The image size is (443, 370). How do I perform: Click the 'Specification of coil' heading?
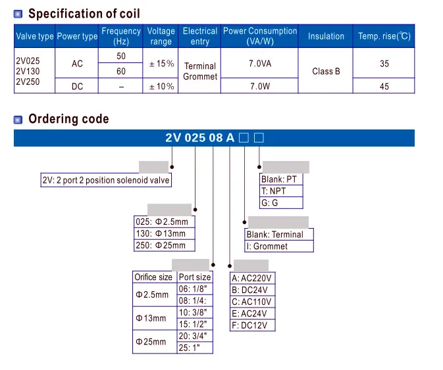(x=84, y=13)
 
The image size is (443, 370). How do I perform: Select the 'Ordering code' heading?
(x=68, y=119)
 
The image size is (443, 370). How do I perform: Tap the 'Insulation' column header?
(x=326, y=37)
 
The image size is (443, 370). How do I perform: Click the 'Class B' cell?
(x=326, y=71)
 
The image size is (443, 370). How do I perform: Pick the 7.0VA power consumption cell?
(x=259, y=64)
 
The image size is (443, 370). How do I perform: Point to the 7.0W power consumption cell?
(x=259, y=86)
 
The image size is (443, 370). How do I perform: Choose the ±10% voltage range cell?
(x=161, y=86)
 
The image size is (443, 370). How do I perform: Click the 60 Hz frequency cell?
(x=120, y=71)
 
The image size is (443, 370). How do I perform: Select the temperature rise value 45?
(x=384, y=86)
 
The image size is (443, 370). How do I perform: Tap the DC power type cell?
(x=78, y=86)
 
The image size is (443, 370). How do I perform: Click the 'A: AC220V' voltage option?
(x=251, y=278)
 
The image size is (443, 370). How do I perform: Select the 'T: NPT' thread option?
(x=274, y=191)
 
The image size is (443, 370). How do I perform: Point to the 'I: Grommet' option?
(x=267, y=246)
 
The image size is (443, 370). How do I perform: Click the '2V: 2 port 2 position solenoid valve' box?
(x=105, y=181)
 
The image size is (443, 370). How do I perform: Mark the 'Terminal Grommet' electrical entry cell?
(x=199, y=71)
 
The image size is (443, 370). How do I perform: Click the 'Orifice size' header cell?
(x=153, y=277)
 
